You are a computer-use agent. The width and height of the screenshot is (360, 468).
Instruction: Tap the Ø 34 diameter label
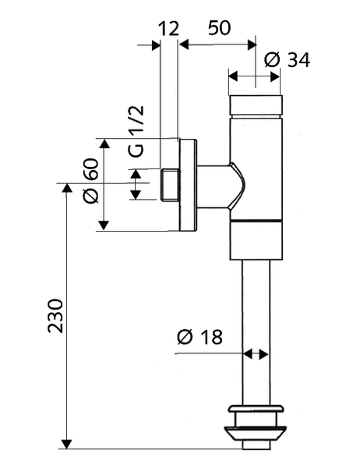point(287,59)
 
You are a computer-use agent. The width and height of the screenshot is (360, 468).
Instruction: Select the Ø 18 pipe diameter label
point(200,337)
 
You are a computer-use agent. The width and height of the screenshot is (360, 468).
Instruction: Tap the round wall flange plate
point(188,185)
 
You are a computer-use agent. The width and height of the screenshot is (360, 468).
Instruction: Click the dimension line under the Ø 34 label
point(254,77)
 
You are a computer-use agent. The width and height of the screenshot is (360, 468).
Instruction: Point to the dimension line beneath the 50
point(218,44)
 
